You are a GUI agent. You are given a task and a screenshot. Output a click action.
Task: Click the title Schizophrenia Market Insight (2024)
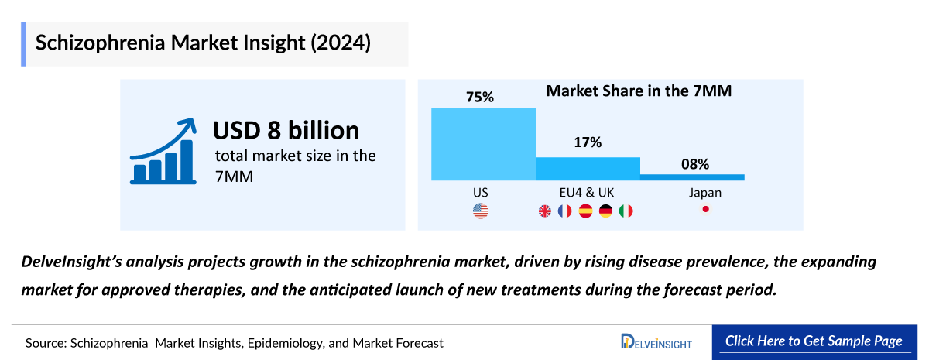204,43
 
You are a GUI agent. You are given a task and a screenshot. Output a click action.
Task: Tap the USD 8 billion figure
286,129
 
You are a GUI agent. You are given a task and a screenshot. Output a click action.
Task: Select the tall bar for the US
483,144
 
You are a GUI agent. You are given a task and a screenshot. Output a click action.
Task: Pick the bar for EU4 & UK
588,169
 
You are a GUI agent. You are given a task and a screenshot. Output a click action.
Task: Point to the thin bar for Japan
692,177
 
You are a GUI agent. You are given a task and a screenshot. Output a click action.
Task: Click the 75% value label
480,97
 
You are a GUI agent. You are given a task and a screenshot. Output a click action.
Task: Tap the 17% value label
588,143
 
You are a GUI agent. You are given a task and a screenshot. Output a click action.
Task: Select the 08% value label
694,163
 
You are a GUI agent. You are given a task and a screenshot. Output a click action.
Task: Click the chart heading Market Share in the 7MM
639,91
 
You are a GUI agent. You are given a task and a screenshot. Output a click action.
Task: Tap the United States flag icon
481,211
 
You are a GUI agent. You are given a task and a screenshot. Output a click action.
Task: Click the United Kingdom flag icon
545,211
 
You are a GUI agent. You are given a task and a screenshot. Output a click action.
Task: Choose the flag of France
565,211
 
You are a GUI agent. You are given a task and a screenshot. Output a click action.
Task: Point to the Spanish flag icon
585,211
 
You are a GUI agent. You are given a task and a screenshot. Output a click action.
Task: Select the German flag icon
605,211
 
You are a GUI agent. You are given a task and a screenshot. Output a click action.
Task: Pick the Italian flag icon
626,211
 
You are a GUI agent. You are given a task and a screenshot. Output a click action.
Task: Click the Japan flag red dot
705,210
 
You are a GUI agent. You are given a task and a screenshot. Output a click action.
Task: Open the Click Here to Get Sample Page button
814,341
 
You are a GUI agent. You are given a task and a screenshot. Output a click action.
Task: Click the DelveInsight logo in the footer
656,342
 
